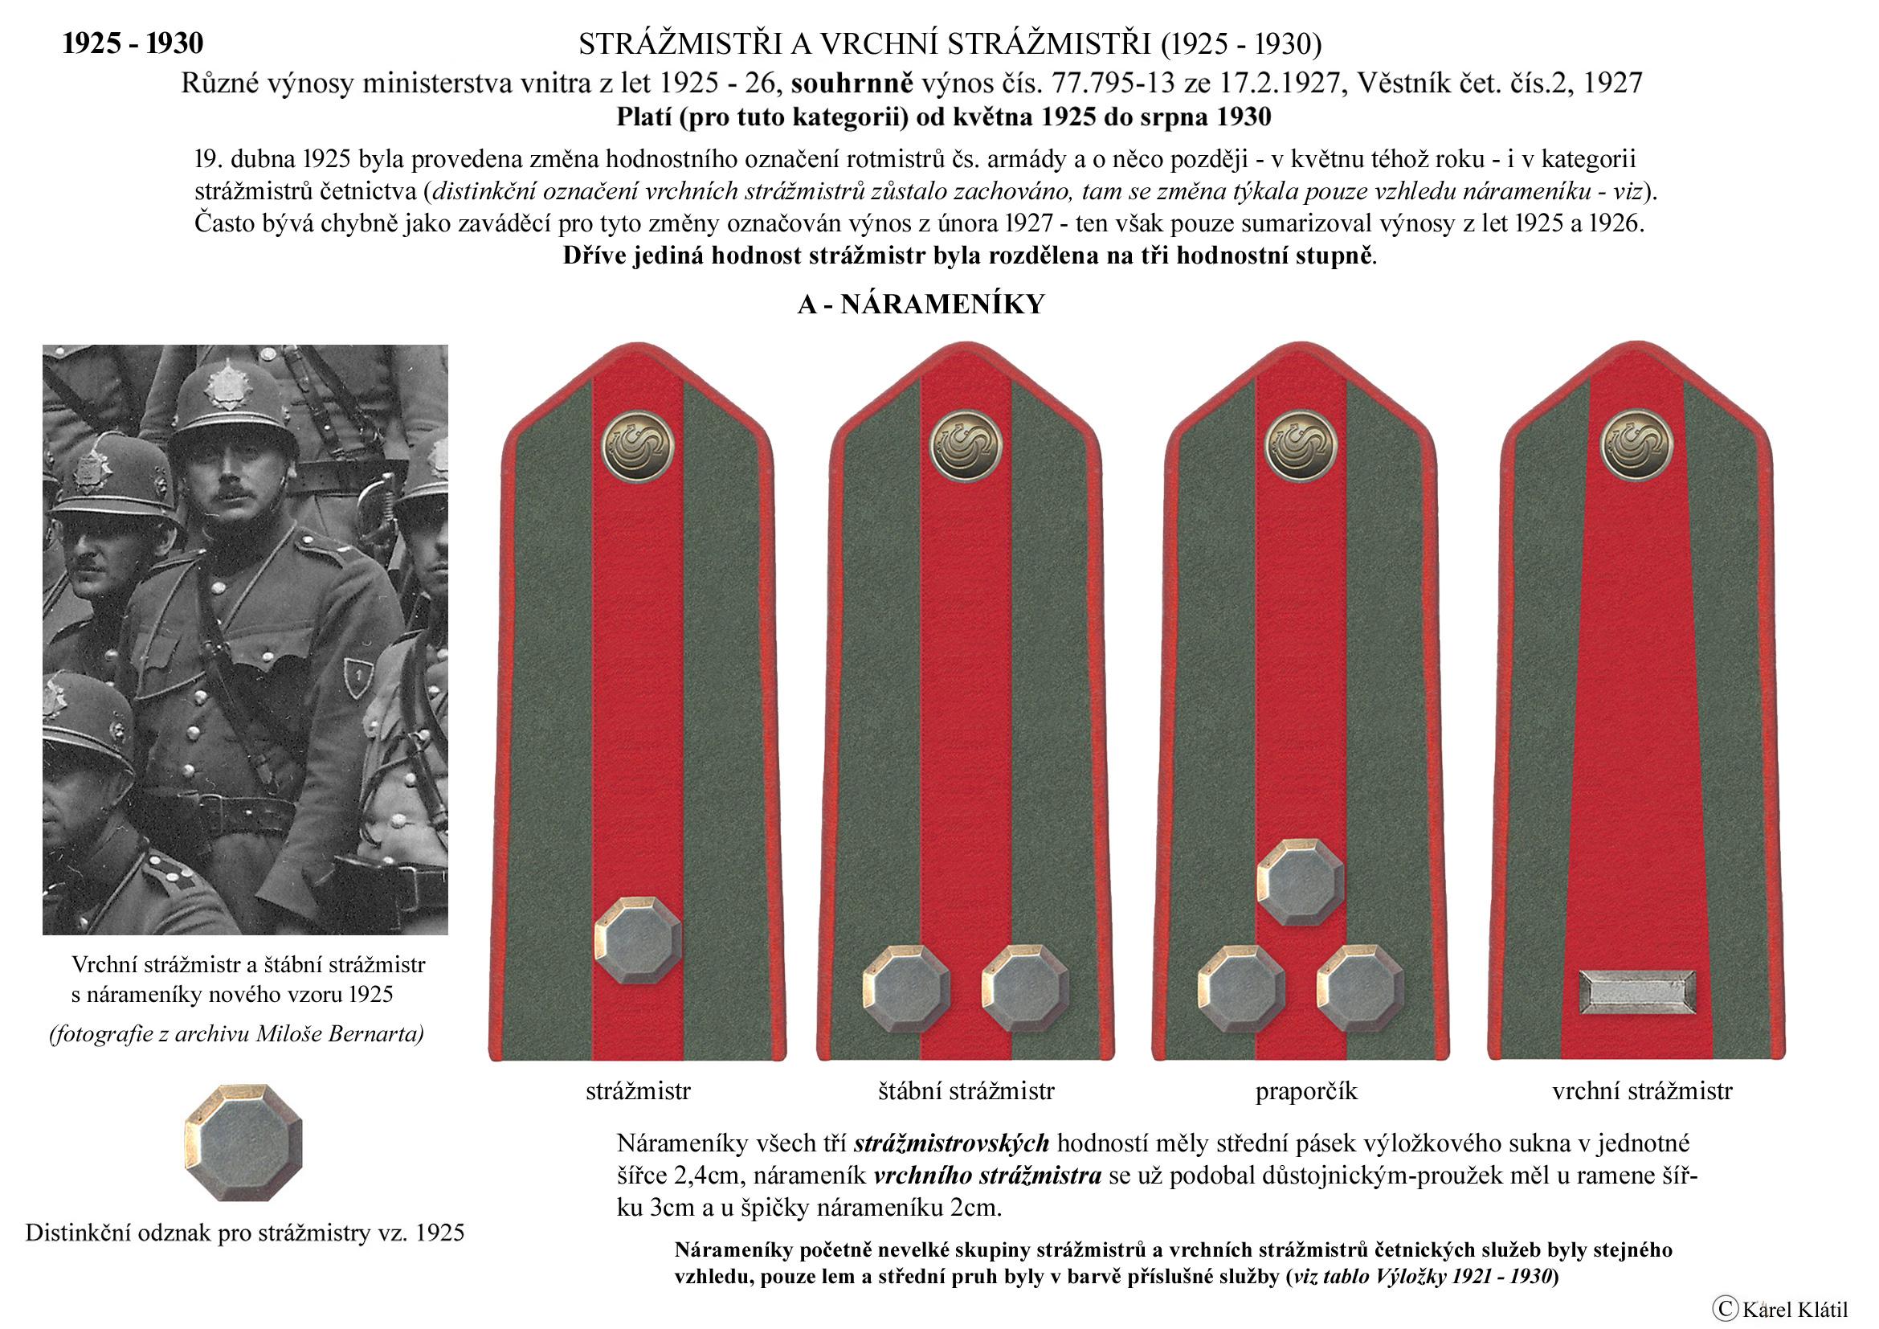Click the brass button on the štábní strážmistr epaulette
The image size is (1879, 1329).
coord(966,447)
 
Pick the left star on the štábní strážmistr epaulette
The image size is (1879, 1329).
coord(906,988)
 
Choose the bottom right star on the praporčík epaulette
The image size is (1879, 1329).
coord(1359,988)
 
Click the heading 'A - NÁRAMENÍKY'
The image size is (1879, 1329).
coord(921,305)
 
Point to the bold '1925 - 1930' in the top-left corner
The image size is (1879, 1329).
coord(133,43)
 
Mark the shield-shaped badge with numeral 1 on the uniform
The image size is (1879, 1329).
coord(357,677)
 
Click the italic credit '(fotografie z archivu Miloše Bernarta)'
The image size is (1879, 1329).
coord(236,1034)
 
